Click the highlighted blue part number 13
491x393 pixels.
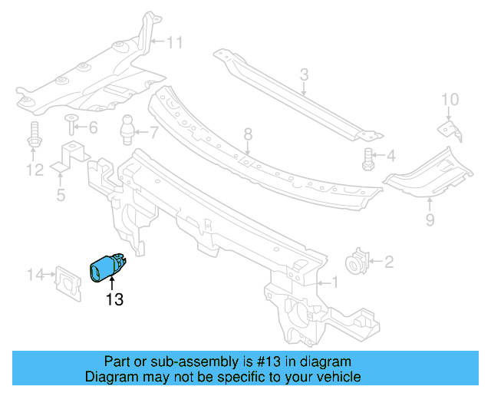click(107, 268)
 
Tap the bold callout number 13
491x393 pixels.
click(114, 300)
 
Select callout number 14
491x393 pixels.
click(36, 275)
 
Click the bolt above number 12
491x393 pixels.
click(35, 136)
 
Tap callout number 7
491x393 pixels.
click(153, 130)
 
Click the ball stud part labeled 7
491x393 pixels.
click(128, 127)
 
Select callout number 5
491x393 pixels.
click(61, 196)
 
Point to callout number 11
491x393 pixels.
click(175, 43)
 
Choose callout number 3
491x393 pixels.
click(304, 74)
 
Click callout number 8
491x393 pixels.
click(248, 135)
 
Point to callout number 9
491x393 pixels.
click(430, 221)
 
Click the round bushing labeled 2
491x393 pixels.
click(358, 263)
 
